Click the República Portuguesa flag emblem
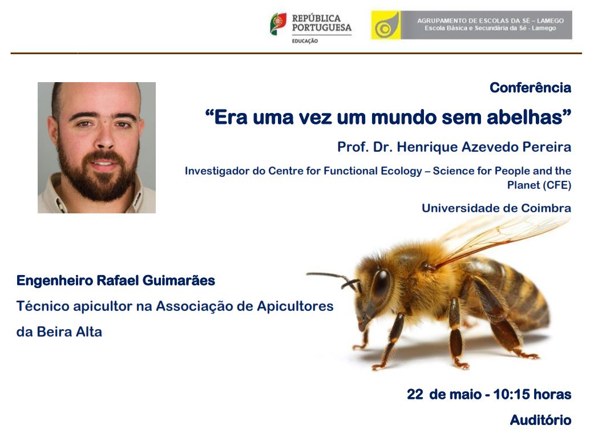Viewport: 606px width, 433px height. [x=278, y=24]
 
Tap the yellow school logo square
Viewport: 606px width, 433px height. [x=386, y=25]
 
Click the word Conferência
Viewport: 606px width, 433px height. [x=530, y=88]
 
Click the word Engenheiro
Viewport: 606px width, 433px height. [x=54, y=281]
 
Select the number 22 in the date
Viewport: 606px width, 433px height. [x=415, y=394]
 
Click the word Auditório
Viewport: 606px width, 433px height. [x=540, y=420]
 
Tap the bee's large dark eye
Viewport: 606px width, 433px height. [x=381, y=283]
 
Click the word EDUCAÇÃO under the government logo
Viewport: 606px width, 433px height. [x=305, y=41]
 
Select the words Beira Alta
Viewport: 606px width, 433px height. [x=69, y=332]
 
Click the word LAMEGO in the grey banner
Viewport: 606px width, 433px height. [x=550, y=21]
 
